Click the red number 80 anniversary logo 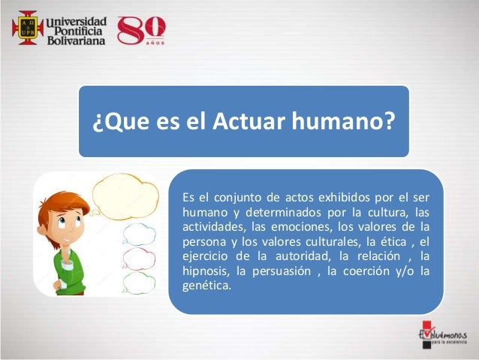pyautogui.click(x=142, y=30)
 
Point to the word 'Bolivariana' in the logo pyautogui.click(x=76, y=39)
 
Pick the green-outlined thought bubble pyautogui.click(x=139, y=283)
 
